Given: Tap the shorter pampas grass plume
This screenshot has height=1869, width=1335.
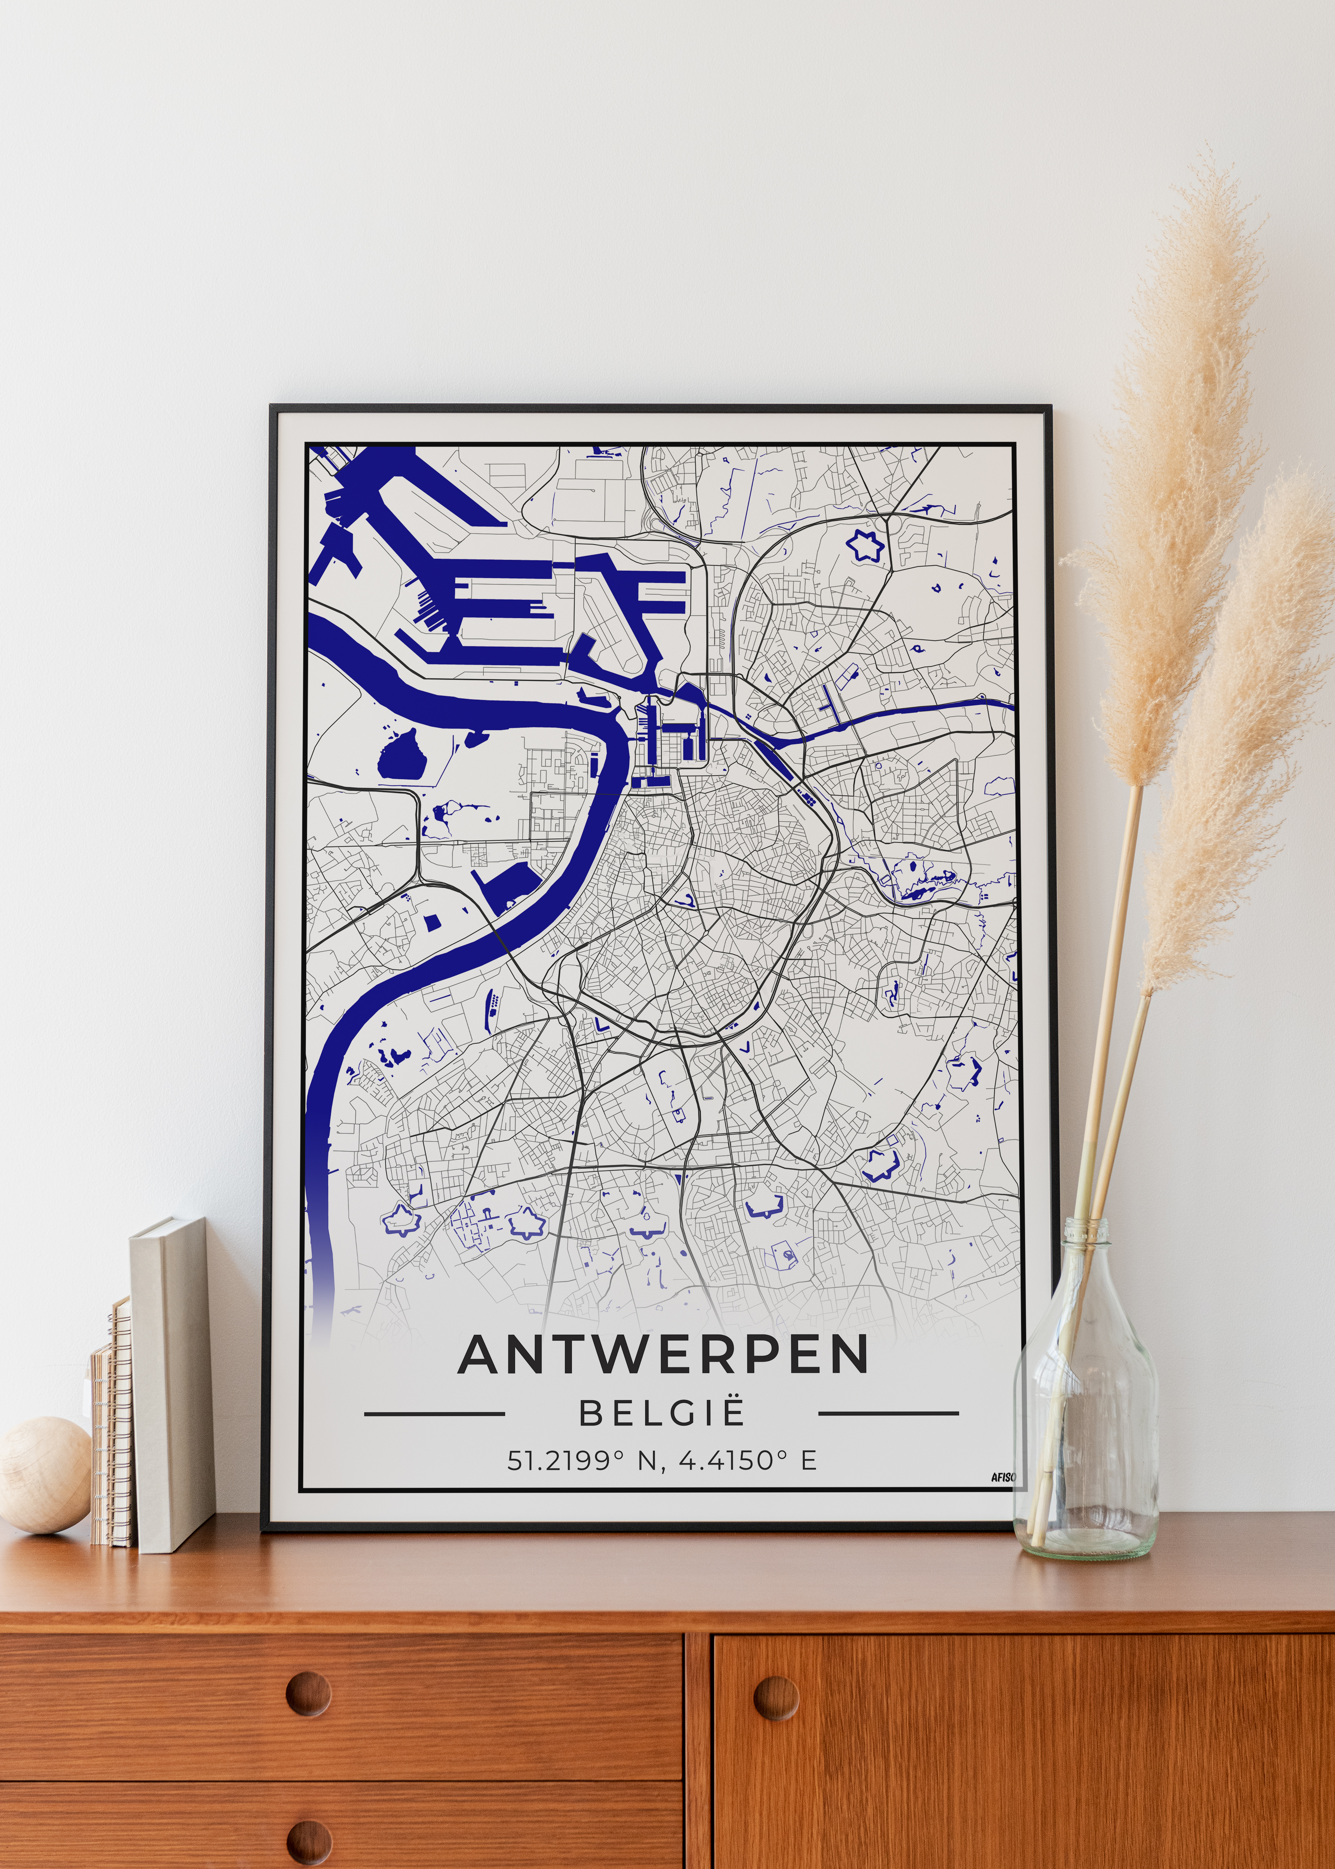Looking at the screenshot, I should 1233,740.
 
